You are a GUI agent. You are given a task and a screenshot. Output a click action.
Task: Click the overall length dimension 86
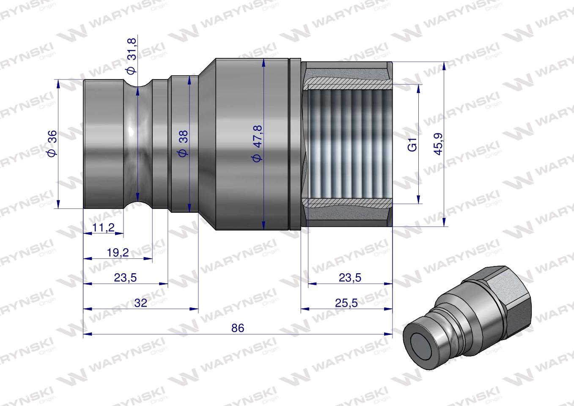pos(238,328)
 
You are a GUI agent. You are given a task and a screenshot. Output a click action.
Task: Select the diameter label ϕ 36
pos(52,144)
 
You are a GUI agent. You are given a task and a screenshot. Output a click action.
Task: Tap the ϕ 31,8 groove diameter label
pos(132,56)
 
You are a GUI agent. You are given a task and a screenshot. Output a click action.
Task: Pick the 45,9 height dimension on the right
pos(438,144)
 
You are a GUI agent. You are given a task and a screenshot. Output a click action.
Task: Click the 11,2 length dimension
pos(103,228)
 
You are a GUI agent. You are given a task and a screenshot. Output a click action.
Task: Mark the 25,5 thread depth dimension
pos(346,303)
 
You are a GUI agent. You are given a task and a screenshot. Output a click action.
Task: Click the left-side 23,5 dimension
pos(125,278)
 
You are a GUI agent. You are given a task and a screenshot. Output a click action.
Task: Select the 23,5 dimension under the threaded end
pos(350,278)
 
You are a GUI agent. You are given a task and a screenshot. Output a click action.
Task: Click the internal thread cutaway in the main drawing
pos(347,144)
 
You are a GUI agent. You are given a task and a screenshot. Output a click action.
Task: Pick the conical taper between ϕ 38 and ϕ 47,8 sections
pos(207,144)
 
